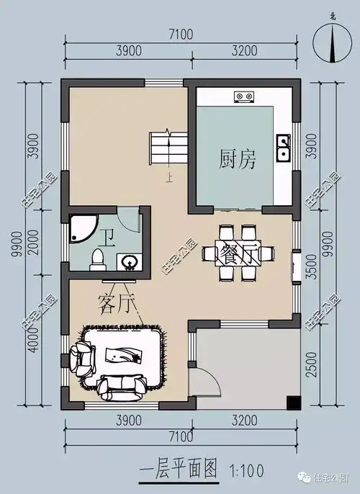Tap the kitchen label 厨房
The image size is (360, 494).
[x=238, y=159]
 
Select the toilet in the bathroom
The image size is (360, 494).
[x=96, y=261]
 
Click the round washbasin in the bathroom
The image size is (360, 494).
[x=130, y=262]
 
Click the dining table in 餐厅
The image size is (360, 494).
[x=239, y=253]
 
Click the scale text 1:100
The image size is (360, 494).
[x=246, y=472]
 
